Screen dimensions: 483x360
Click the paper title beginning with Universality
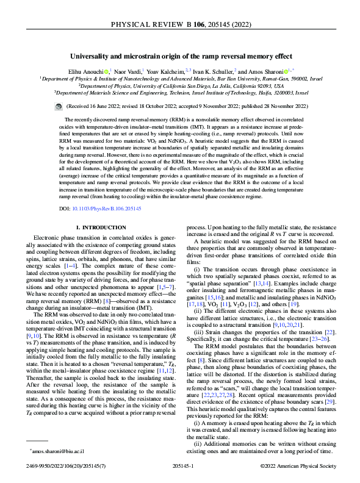click(179, 55)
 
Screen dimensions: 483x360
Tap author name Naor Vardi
click(129, 71)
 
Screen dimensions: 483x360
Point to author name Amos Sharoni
click(268, 71)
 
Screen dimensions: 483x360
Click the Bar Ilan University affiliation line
click(179, 79)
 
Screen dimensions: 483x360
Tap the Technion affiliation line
click(179, 93)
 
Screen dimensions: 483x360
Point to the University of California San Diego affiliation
click(179, 86)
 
